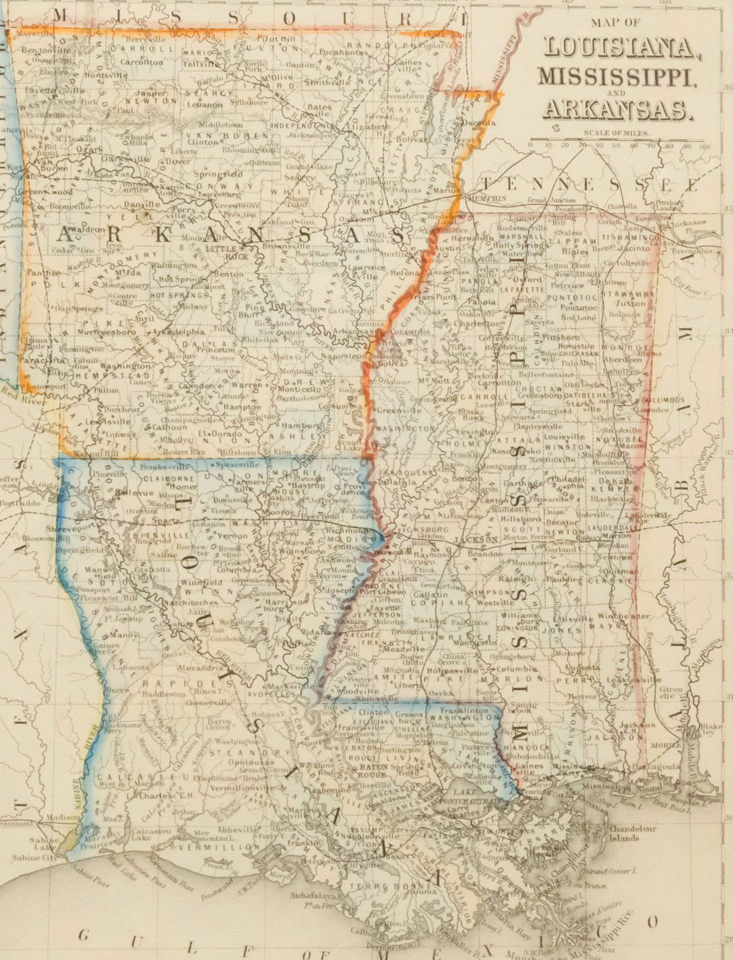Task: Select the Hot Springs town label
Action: coord(181,279)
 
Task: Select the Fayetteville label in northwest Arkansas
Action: coord(48,90)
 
